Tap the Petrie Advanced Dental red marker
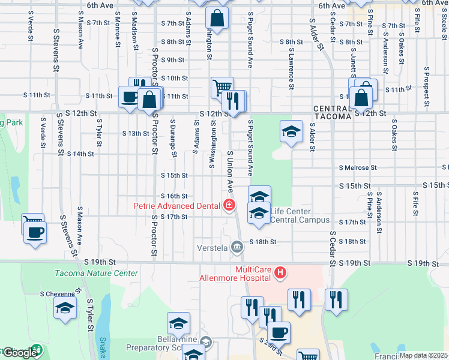coord(229,206)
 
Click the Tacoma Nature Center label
coord(96,274)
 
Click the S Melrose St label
coord(357,168)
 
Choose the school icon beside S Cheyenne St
coord(65,310)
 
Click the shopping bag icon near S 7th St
coord(217,19)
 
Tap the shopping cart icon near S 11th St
coord(222,88)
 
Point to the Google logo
coord(19,353)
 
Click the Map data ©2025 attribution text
coord(423,355)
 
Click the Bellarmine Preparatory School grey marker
coord(206,343)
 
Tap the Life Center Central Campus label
coord(291,215)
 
